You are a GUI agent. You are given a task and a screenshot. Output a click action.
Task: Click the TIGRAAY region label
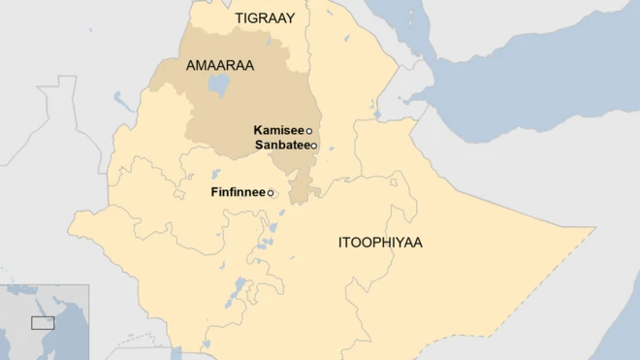coord(265,18)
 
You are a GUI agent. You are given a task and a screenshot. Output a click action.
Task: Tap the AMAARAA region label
coord(219,65)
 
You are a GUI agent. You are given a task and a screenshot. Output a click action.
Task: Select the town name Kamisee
coord(278,130)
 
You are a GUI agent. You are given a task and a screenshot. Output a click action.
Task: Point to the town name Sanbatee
coord(281,145)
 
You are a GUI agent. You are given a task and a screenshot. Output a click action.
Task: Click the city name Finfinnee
coord(238,192)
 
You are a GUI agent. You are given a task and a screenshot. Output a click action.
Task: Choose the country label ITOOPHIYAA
coord(380,242)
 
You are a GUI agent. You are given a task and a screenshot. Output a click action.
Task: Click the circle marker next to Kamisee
coord(309,131)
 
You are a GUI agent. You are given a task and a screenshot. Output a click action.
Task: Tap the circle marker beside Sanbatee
coord(313,146)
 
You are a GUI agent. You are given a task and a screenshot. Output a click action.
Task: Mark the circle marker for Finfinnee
coord(271,193)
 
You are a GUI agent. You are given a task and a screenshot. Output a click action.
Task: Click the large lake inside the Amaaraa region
coord(218,85)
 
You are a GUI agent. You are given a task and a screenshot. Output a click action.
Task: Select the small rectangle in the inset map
coord(42,322)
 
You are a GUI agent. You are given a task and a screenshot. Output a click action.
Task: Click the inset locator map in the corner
coord(44,322)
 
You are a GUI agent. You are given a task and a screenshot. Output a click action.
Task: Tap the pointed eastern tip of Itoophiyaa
coord(593,230)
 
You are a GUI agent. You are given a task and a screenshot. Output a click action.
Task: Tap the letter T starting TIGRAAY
coord(239,18)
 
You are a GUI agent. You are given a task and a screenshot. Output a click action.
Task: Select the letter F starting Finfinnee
coord(214,192)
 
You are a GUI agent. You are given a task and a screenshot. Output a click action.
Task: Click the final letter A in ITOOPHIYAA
coord(418,242)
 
